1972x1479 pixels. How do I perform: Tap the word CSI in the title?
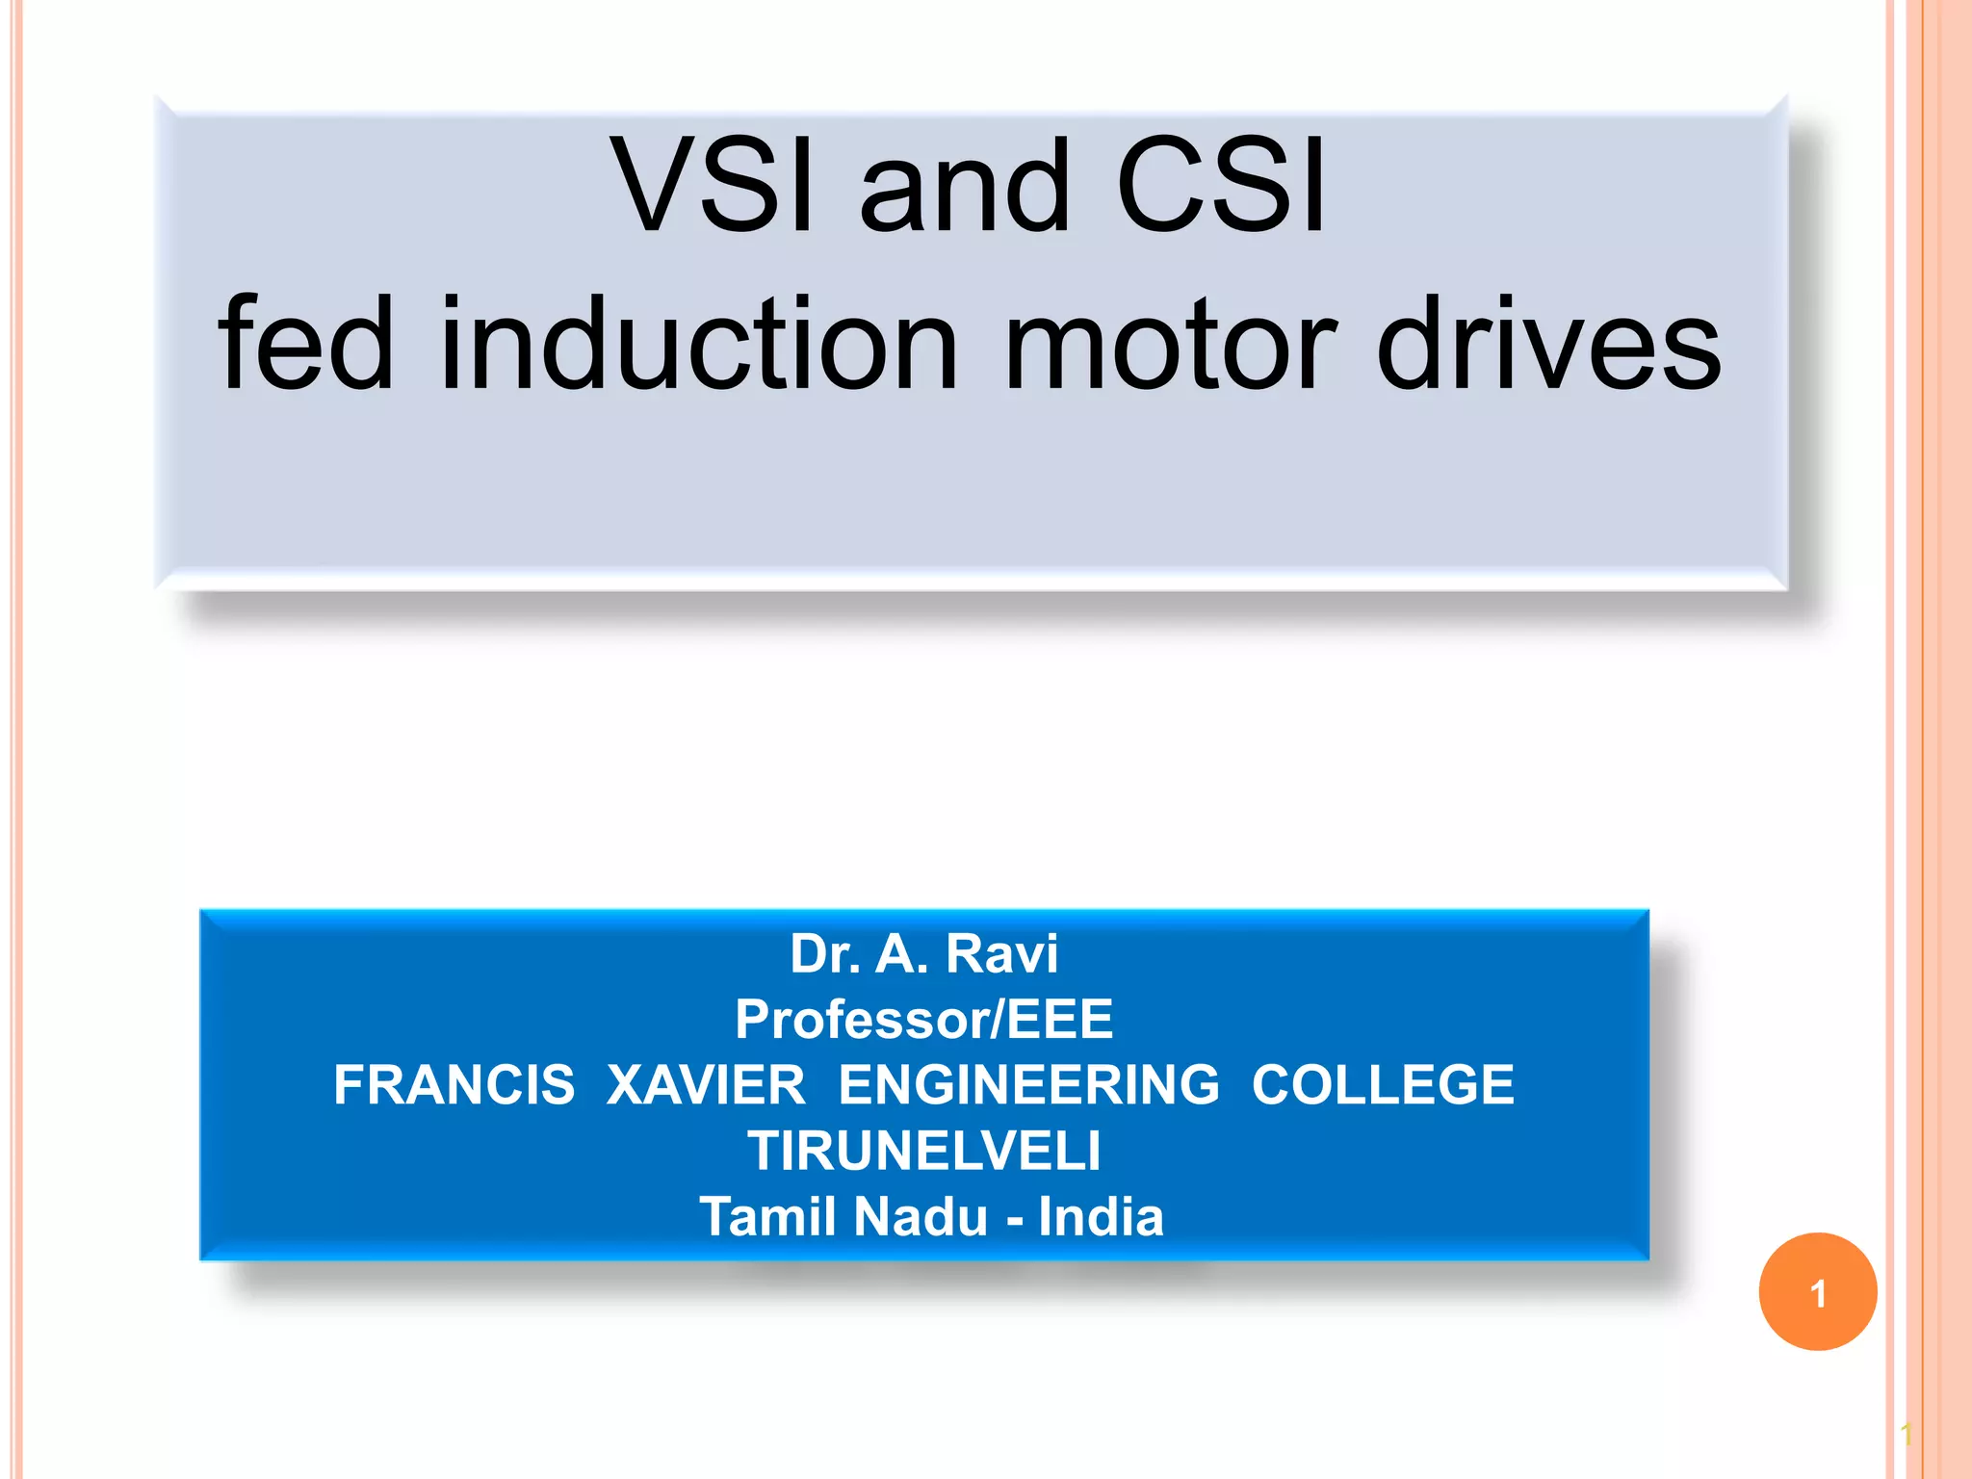click(x=1221, y=185)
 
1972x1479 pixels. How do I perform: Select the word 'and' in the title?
click(x=964, y=185)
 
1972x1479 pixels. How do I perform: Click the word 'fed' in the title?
click(x=306, y=345)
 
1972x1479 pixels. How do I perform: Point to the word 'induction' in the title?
click(x=699, y=345)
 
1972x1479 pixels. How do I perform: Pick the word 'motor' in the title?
click(x=1169, y=345)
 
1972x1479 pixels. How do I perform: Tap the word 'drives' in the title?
click(x=1548, y=345)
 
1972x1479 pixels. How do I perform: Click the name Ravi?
click(x=1001, y=953)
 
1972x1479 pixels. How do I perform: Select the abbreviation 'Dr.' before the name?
click(x=825, y=953)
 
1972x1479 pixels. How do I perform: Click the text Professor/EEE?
click(x=923, y=1019)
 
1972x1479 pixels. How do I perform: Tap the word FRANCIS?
click(x=454, y=1084)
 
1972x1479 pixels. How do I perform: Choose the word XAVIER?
click(x=706, y=1084)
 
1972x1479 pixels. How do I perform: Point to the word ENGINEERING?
click(x=1028, y=1084)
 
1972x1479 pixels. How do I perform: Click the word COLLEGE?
click(x=1383, y=1084)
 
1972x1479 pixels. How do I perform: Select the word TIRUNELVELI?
click(x=923, y=1150)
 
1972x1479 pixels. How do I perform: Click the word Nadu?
click(x=920, y=1216)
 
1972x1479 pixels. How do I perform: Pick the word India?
click(x=1101, y=1216)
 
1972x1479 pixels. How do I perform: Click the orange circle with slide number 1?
click(x=1817, y=1292)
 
